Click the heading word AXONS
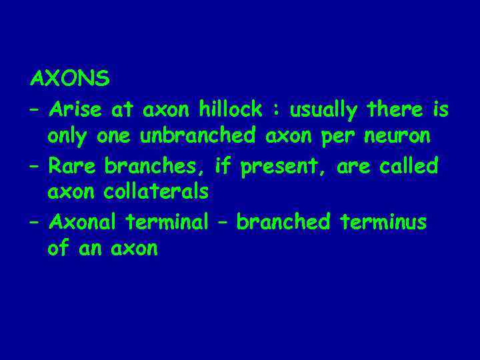pos(70,79)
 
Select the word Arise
pos(76,108)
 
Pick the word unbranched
pos(197,136)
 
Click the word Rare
pos(73,165)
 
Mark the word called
pos(409,165)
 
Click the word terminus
pos(383,221)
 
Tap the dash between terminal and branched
pos(222,222)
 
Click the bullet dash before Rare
pos(37,165)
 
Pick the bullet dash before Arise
pos(37,109)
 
